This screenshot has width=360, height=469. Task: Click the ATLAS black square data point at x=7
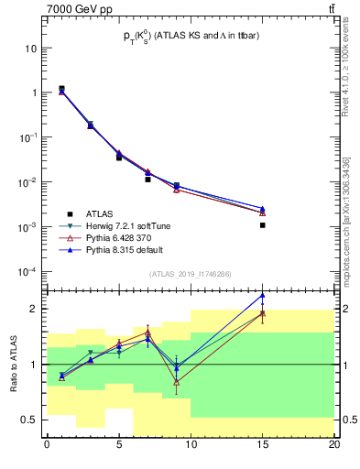click(x=147, y=180)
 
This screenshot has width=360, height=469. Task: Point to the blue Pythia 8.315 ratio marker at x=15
click(x=262, y=296)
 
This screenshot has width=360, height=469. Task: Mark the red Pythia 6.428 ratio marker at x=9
click(x=176, y=382)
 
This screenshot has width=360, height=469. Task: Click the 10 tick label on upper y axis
click(x=30, y=48)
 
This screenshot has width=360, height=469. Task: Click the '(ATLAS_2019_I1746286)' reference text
click(x=191, y=274)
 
